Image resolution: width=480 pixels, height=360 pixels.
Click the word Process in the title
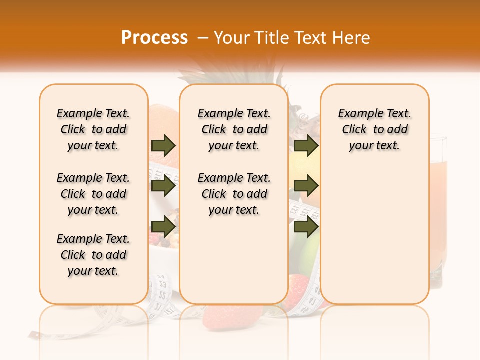click(154, 38)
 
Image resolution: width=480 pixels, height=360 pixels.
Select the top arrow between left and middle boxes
click(163, 145)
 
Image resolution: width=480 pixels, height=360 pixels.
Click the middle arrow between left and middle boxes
click(163, 186)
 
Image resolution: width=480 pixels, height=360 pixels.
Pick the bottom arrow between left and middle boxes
click(163, 226)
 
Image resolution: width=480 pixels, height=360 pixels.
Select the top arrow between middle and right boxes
click(306, 145)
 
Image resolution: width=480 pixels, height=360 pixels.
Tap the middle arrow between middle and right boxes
click(306, 186)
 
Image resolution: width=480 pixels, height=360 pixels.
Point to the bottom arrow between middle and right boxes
click(306, 226)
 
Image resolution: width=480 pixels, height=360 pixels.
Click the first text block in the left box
click(93, 129)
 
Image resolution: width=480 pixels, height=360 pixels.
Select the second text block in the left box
click(93, 194)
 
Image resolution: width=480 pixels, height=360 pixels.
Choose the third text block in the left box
click(93, 255)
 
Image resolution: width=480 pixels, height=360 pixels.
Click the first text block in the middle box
click(234, 129)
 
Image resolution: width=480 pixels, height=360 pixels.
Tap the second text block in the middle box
click(234, 194)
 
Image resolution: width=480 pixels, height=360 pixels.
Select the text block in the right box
click(374, 129)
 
